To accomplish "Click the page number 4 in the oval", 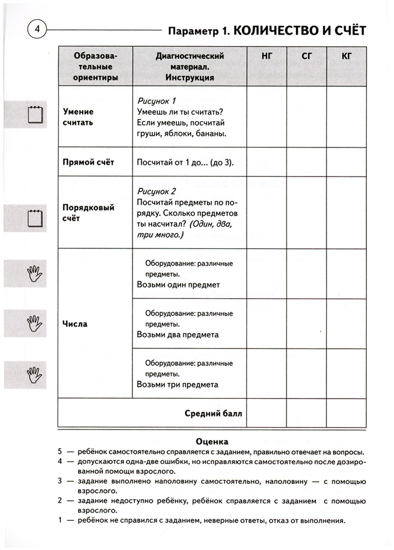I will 37,29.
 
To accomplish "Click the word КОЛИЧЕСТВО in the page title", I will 277,30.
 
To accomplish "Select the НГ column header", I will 267,56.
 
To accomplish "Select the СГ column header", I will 307,56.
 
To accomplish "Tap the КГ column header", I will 346,56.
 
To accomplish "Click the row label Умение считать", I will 78,117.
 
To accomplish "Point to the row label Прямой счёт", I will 88,162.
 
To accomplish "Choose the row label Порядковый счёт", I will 88,213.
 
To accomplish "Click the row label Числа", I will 75,324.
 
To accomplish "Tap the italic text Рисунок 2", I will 156,192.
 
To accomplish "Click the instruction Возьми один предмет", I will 178,285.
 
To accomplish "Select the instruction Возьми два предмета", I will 178,335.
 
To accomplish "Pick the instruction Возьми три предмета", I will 177,384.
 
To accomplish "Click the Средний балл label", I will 213,414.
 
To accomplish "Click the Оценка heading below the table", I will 212,442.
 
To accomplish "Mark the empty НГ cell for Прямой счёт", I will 267,162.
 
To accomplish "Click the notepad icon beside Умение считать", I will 35,115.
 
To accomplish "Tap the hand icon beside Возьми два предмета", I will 34,323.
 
